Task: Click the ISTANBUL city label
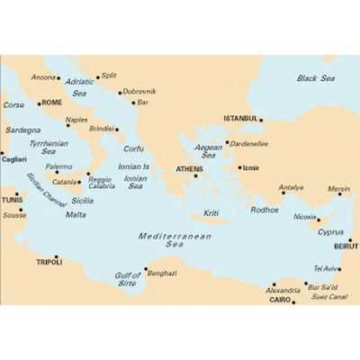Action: [241, 119]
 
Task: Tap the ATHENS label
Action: [189, 168]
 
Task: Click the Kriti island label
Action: [211, 213]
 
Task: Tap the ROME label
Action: [52, 103]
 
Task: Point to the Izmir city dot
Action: [239, 167]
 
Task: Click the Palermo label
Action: [58, 166]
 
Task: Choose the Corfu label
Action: [133, 149]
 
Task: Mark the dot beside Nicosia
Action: [319, 218]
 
